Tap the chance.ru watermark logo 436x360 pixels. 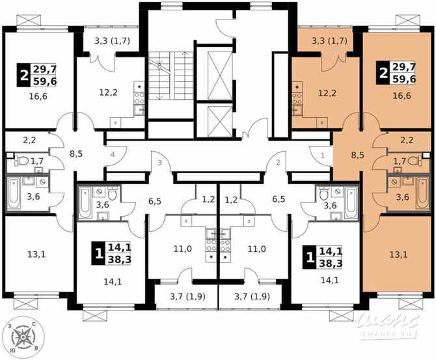point(390,325)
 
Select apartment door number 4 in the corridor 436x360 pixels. point(113,154)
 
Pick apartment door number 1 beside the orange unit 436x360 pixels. point(322,155)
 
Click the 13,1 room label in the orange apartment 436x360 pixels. point(398,254)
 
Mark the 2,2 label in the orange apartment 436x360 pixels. point(407,139)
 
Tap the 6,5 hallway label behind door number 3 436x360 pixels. point(154,201)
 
